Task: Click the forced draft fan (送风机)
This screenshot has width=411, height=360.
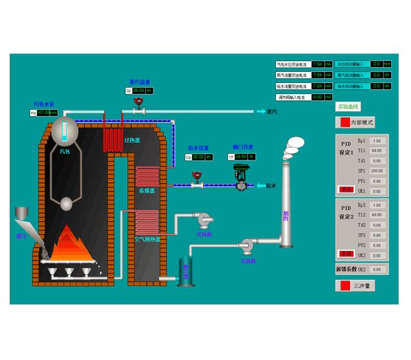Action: pos(203,220)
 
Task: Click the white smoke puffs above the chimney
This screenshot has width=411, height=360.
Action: pos(295,143)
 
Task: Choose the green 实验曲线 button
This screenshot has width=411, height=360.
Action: pos(348,106)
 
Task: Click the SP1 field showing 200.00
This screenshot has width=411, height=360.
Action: pos(377,170)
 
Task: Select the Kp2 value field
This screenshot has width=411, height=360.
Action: pos(377,205)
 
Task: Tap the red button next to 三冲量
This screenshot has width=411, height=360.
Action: pos(342,285)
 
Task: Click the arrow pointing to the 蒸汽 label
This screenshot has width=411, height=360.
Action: pos(260,111)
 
